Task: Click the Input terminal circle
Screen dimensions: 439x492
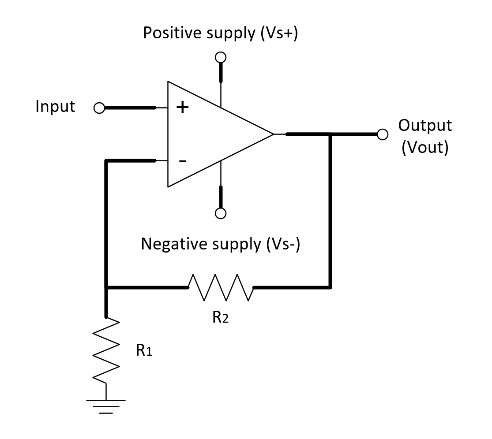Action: [99, 108]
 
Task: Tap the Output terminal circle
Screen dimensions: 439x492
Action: [383, 134]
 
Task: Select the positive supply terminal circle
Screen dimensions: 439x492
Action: [221, 57]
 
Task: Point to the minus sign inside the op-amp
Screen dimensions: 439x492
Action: [182, 161]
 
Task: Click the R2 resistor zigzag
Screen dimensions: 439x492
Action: [221, 287]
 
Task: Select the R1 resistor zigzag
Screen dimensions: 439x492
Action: [106, 350]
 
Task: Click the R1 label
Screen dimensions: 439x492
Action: [144, 351]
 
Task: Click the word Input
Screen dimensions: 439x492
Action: [55, 107]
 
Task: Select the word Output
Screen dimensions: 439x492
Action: [425, 126]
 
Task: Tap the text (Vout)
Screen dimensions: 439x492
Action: [425, 148]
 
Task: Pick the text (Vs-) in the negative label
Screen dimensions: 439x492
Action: [282, 244]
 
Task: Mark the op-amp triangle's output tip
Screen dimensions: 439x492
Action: [274, 134]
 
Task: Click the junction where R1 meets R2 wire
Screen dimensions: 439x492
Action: [106, 287]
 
